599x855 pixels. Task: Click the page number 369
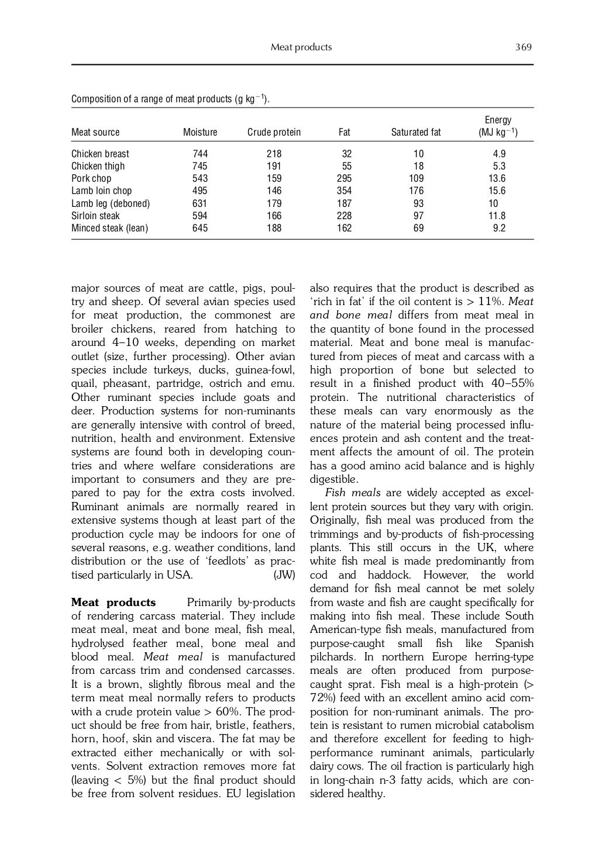pos(523,47)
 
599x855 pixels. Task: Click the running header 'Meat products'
pos(301,47)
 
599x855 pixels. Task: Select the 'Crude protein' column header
pos(274,133)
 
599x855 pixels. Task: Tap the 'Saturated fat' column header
pos(416,133)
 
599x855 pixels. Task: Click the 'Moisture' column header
pos(200,133)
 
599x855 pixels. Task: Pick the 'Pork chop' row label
pos(91,179)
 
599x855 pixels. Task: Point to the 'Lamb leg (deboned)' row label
pos(111,204)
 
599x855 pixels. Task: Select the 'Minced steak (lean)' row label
pos(109,229)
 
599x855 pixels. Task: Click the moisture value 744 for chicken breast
pos(200,154)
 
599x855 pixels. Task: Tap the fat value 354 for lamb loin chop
pos(344,191)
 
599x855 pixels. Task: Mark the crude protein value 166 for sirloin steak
pos(274,216)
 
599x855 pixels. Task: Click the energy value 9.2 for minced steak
pos(499,229)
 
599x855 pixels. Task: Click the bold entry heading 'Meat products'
pos(113,603)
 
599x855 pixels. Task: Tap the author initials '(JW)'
pos(284,575)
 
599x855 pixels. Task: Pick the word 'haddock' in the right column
pos(387,575)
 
